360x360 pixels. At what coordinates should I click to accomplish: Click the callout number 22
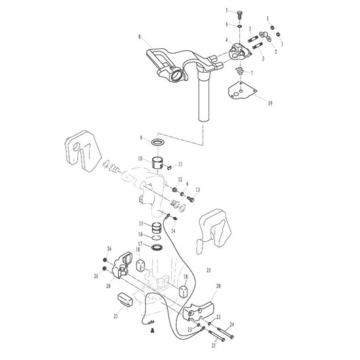(x=209, y=270)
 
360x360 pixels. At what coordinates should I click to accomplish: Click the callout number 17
(x=140, y=245)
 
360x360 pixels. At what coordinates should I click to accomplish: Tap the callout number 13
(x=198, y=190)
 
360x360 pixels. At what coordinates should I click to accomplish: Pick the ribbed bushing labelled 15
(x=158, y=227)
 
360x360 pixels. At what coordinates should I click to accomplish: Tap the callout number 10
(x=140, y=159)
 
